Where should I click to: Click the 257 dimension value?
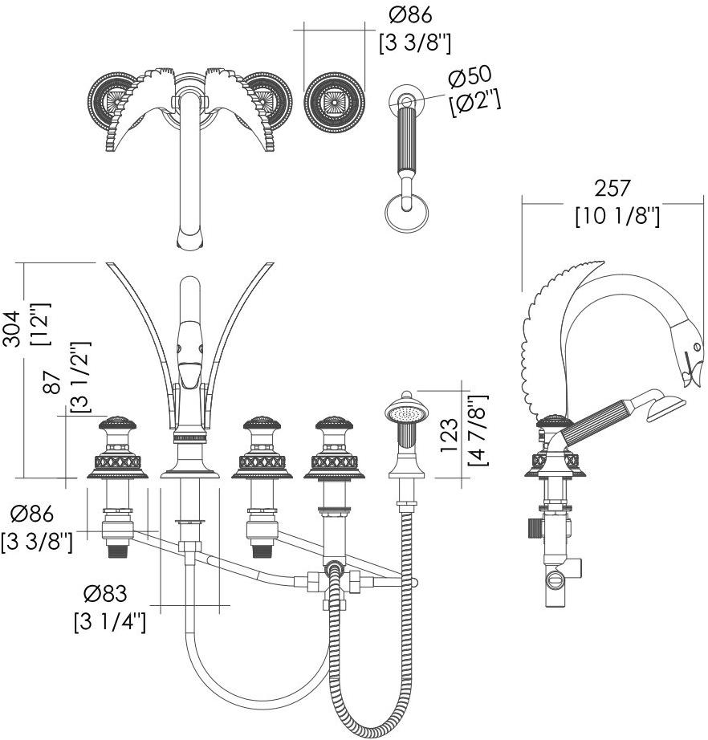tap(613, 188)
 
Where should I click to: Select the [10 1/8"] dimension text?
tap(616, 216)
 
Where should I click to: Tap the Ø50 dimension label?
tap(470, 78)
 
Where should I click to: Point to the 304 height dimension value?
tap(12, 330)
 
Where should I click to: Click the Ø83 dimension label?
tap(106, 594)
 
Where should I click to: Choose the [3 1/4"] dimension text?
tap(110, 621)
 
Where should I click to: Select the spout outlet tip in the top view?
tap(189, 238)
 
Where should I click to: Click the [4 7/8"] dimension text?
tap(478, 431)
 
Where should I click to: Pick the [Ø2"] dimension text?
tap(475, 103)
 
